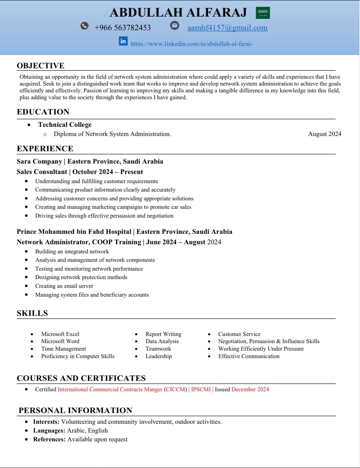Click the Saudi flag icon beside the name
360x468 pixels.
[263, 13]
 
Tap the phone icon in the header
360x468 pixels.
[85, 26]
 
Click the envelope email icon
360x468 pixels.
[175, 25]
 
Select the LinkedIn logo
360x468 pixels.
[123, 41]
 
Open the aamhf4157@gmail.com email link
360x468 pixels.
[227, 28]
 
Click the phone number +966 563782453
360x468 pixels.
[123, 28]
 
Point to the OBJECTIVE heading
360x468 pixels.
[41, 66]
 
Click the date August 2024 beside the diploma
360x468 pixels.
[325, 134]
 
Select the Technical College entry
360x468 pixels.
[65, 125]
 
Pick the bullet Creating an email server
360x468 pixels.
[64, 286]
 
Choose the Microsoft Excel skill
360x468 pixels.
[60, 334]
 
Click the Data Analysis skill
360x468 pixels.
[162, 341]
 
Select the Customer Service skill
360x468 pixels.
[239, 334]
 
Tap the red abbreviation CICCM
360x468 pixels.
[176, 389]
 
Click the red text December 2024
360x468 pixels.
[250, 389]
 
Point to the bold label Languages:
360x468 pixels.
[49, 431]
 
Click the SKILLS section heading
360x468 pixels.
[32, 313]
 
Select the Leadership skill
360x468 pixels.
[159, 356]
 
